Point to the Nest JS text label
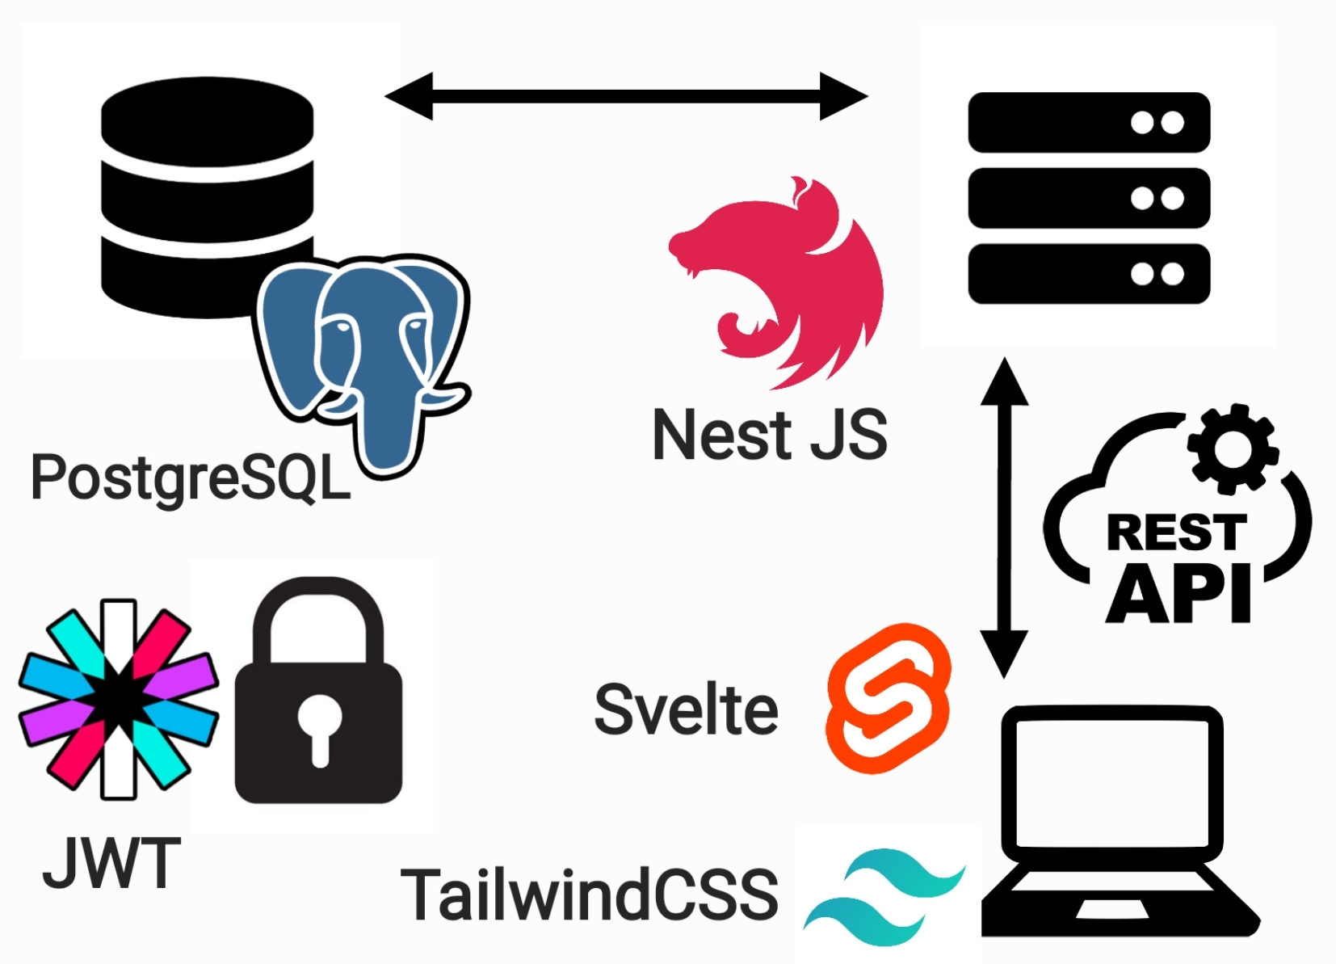click(769, 435)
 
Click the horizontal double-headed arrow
click(626, 96)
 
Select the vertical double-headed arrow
click(1004, 517)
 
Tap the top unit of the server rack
click(1088, 123)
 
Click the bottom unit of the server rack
click(1088, 274)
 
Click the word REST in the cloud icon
click(1176, 533)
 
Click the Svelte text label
click(686, 709)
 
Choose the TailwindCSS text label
click(590, 895)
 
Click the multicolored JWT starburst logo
click(119, 699)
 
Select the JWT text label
click(111, 863)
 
